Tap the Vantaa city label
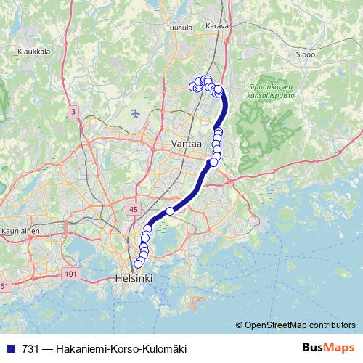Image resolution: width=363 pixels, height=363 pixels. point(185,144)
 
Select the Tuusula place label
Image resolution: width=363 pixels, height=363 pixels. point(179,27)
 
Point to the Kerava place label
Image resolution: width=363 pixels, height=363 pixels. point(217,26)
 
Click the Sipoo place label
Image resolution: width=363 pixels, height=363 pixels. point(306,54)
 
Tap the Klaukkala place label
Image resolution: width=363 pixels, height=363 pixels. point(33,52)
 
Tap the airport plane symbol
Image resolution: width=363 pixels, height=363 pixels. point(136,113)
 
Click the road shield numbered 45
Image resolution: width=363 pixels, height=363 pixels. point(132,210)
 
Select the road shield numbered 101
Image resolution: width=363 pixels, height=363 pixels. point(70,273)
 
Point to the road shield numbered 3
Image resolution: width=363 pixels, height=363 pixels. point(73,111)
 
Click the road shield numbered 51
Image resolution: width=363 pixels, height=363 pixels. point(4,286)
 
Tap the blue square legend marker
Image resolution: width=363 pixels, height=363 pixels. point(9,349)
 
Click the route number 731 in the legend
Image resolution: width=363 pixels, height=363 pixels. point(30,349)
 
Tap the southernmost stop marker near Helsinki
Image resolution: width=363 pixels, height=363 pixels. point(139,264)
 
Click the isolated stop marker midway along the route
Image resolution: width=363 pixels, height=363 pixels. point(170,211)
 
